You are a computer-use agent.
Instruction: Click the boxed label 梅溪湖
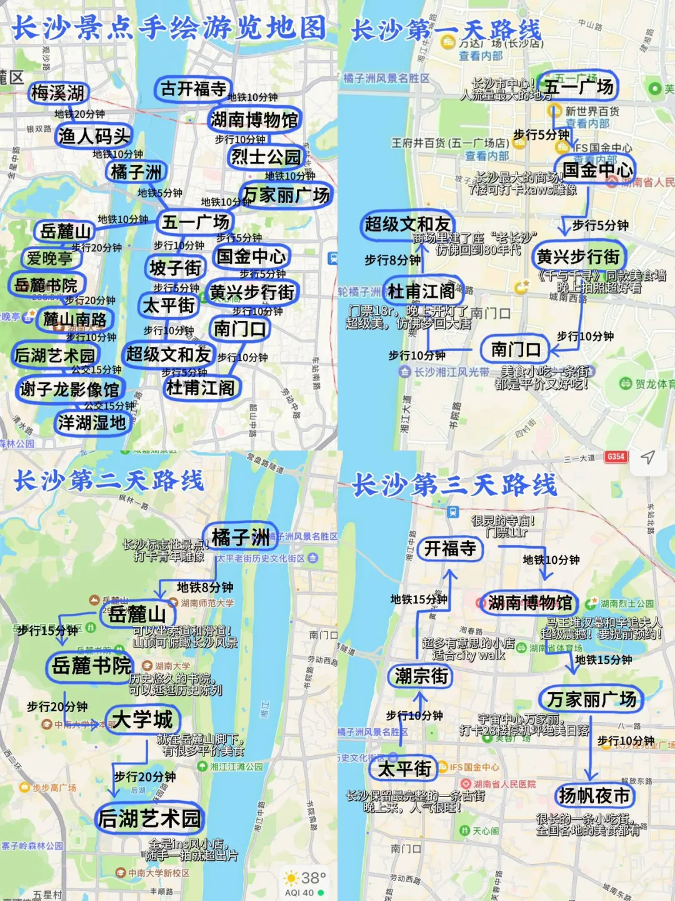coord(58,93)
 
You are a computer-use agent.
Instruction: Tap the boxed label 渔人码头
coord(94,136)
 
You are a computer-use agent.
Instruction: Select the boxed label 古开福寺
coord(193,89)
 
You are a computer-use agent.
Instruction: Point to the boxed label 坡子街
coord(175,268)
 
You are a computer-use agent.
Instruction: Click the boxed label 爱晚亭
coord(49,258)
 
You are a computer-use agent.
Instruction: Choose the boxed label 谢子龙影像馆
coord(69,389)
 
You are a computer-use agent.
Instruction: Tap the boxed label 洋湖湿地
coord(92,423)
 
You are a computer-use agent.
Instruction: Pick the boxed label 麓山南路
coord(75,320)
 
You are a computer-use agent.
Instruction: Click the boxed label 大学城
coord(142,720)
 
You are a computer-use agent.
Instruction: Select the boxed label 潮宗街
coord(421,676)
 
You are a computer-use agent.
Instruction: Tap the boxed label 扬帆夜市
coord(594,796)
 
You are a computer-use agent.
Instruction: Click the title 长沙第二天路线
coord(109,481)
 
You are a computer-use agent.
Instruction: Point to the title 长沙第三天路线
coord(454,485)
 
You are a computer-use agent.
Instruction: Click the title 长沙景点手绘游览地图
coord(169,28)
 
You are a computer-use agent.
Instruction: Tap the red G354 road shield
coord(616,457)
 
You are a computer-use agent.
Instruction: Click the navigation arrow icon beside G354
coord(647,457)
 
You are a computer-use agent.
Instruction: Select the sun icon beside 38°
coord(291,877)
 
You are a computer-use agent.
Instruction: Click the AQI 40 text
coord(299,893)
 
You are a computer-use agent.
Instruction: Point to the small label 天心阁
coord(485,831)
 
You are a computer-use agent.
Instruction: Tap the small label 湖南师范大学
coord(207,603)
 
